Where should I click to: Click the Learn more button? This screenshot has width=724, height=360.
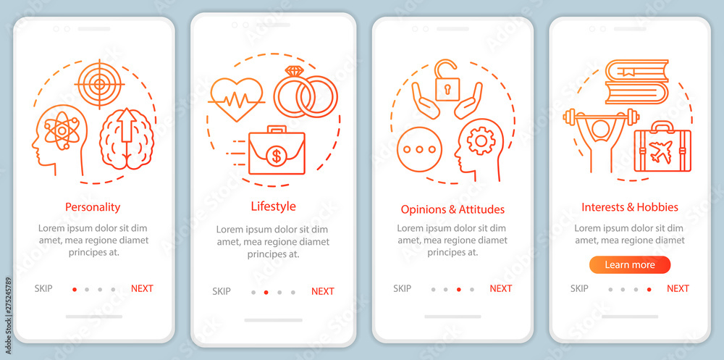pyautogui.click(x=630, y=265)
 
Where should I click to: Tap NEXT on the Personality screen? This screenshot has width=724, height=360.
pyautogui.click(x=142, y=288)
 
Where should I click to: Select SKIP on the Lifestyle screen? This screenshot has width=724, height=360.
pyautogui.click(x=221, y=291)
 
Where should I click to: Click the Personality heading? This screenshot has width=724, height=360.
pyautogui.click(x=93, y=206)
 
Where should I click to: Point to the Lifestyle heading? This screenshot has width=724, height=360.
pyautogui.click(x=274, y=206)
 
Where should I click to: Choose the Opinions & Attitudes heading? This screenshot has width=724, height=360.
pyautogui.click(x=452, y=209)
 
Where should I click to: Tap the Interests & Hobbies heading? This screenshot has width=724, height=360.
pyautogui.click(x=630, y=207)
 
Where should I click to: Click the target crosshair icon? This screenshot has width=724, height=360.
pyautogui.click(x=99, y=83)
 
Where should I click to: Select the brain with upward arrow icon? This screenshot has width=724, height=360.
pyautogui.click(x=127, y=138)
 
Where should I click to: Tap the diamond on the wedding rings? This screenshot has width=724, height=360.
pyautogui.click(x=294, y=71)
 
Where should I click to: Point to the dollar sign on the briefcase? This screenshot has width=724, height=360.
pyautogui.click(x=277, y=156)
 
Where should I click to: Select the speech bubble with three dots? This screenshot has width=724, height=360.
pyautogui.click(x=419, y=149)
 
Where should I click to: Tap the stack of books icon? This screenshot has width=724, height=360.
pyautogui.click(x=636, y=82)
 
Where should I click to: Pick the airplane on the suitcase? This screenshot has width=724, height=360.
pyautogui.click(x=662, y=151)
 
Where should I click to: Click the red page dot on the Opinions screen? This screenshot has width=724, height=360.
pyautogui.click(x=458, y=290)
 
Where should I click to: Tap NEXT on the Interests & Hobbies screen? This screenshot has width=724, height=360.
pyautogui.click(x=678, y=288)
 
